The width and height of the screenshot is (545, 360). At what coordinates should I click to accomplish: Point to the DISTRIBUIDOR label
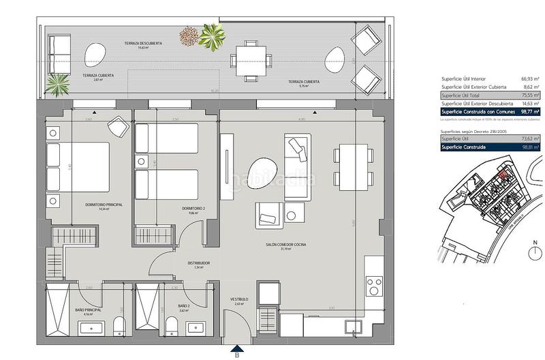(x=198, y=264)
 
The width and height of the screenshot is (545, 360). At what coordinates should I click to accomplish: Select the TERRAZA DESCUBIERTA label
(x=143, y=44)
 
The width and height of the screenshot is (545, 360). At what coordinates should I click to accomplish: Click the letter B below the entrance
(x=237, y=354)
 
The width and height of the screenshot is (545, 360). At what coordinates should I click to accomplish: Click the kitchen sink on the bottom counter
(x=356, y=327)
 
